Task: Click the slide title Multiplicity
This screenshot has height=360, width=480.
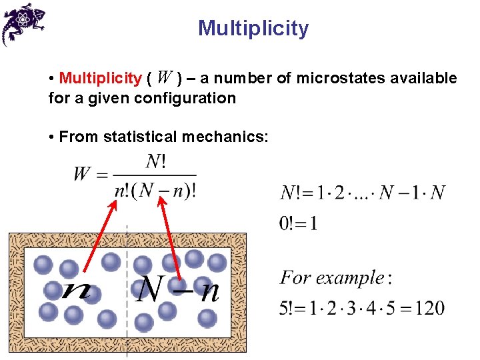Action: pyautogui.click(x=253, y=29)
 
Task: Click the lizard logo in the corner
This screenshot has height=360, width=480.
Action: pyautogui.click(x=23, y=23)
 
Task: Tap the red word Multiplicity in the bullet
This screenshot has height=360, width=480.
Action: pyautogui.click(x=100, y=79)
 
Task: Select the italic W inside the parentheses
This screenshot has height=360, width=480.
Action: pyautogui.click(x=167, y=78)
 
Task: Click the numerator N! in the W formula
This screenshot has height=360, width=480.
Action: pyautogui.click(x=155, y=161)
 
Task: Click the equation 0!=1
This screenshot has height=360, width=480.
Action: pyautogui.click(x=298, y=223)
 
